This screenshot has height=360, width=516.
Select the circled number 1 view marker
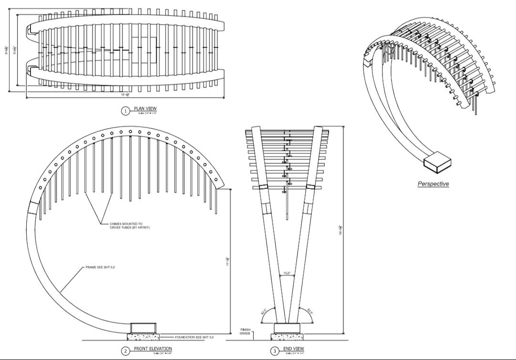125,111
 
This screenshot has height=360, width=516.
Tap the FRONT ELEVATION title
153,348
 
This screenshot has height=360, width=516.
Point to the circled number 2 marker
125,351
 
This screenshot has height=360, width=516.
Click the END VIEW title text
294,348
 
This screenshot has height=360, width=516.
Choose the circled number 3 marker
274,351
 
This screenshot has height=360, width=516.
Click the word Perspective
433,184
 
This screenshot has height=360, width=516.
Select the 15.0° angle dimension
287,273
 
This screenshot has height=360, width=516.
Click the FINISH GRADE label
246,332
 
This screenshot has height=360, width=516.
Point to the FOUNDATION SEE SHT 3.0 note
194,337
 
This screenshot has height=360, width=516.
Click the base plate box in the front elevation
144,328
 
